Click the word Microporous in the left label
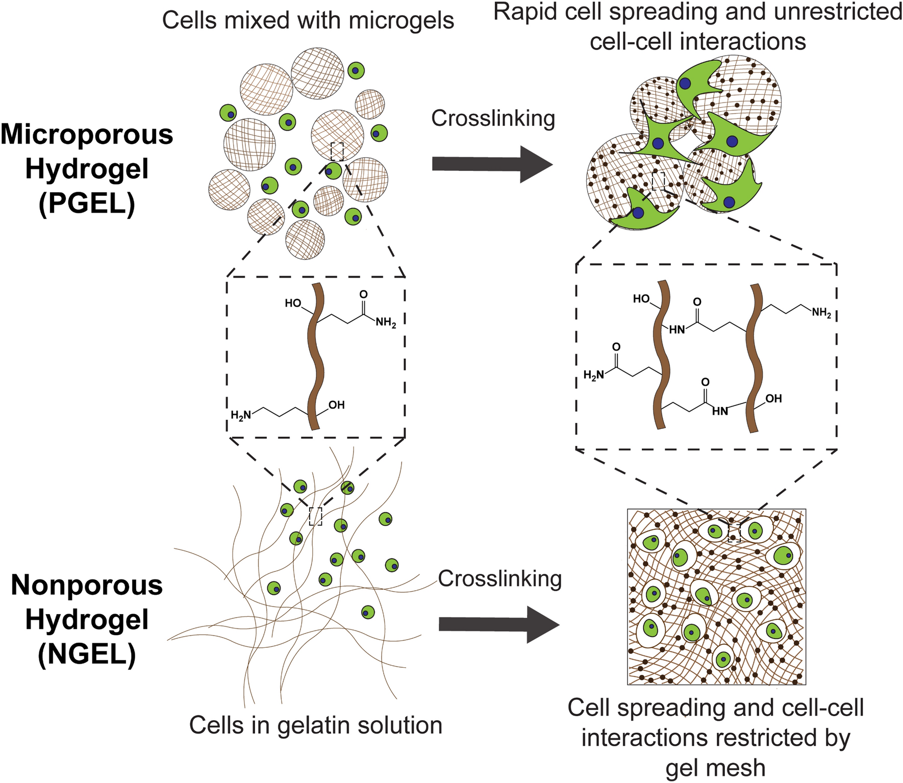[87, 135]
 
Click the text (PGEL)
[87, 204]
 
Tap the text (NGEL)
[87, 654]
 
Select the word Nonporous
[87, 585]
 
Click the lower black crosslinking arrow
[498, 624]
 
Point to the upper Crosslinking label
[493, 118]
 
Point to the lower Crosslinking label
[499, 578]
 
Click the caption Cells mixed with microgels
[308, 21]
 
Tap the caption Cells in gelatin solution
[315, 725]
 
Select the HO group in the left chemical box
[293, 304]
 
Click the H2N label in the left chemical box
[241, 415]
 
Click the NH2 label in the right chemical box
[821, 313]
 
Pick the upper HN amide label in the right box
[676, 330]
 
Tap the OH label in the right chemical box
[773, 399]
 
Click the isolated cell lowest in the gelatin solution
[367, 612]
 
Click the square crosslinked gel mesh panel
[716, 596]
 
